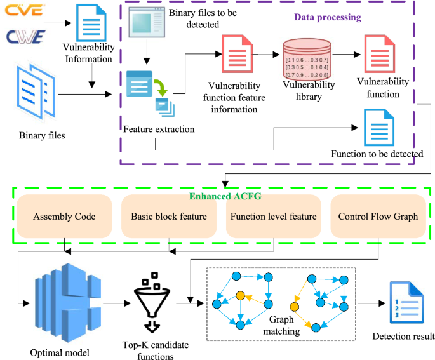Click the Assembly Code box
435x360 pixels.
point(65,217)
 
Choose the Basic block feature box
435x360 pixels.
point(169,217)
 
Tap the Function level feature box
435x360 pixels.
point(273,217)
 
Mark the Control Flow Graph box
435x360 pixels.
point(378,217)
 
